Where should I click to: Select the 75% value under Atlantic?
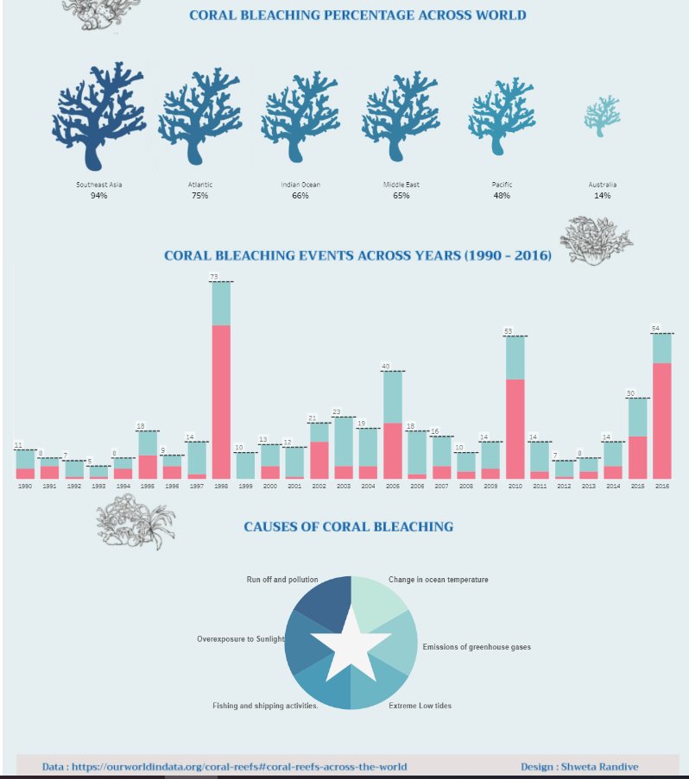(200, 196)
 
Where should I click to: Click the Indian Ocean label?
(300, 185)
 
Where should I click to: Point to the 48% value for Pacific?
(501, 196)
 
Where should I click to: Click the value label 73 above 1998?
(213, 277)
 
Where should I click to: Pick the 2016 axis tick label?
(662, 487)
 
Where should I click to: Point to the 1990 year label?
(25, 487)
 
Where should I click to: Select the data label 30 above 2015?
(630, 393)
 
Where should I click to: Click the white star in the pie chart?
(350, 643)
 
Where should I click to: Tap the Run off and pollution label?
(281, 580)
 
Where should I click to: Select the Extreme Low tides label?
(420, 706)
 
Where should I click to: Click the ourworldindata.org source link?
(224, 766)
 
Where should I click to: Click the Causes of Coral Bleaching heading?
(348, 526)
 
